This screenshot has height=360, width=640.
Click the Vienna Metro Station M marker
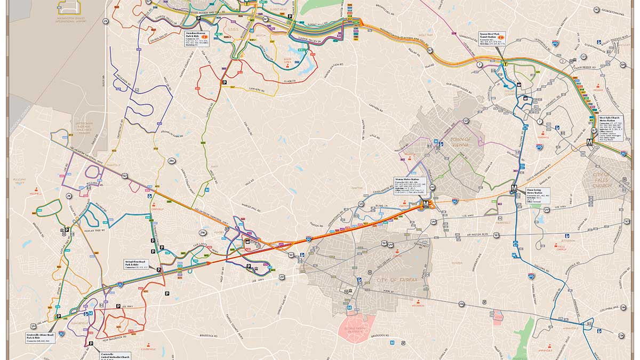coord(426,204)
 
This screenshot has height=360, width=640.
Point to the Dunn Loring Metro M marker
coord(514,188)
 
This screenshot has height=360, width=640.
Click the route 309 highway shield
coord(622,65)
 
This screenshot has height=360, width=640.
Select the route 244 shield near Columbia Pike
coord(623,308)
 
